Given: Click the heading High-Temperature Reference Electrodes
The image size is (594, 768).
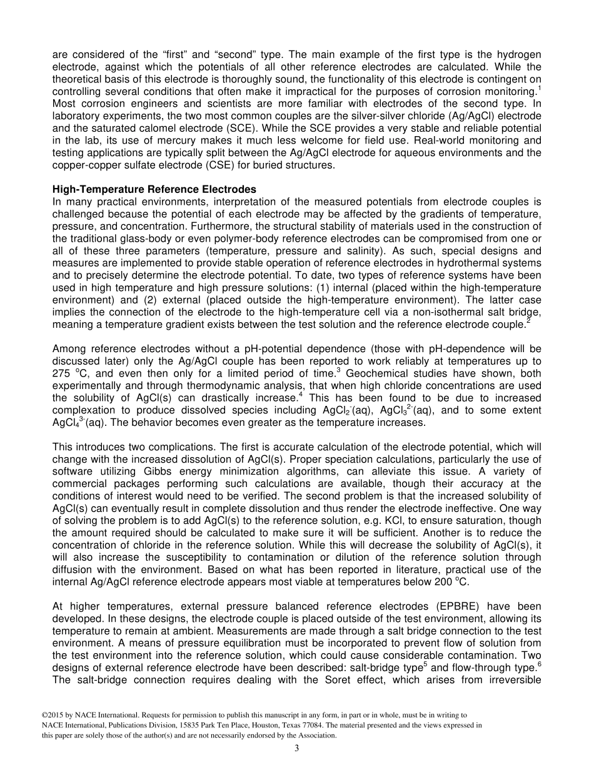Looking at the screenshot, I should coord(154,189).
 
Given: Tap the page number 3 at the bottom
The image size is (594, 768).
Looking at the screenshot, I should coord(297,749).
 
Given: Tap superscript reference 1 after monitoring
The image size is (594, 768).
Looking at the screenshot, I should coord(539,88).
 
